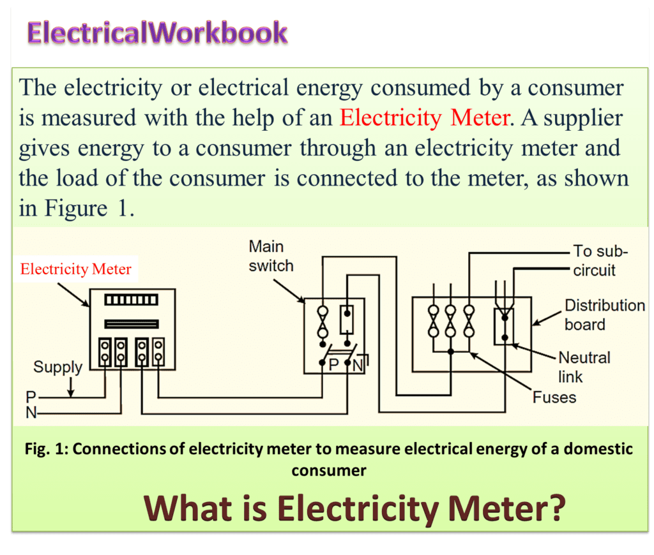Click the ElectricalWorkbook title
(157, 33)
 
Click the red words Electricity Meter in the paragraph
(424, 118)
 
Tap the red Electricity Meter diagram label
(76, 269)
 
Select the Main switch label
(271, 256)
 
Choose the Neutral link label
(584, 366)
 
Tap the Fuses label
(554, 397)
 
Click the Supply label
(57, 367)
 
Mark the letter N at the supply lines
(31, 413)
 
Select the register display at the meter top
(131, 300)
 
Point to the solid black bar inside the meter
(131, 323)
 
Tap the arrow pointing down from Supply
(72, 386)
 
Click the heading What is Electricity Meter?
(355, 508)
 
